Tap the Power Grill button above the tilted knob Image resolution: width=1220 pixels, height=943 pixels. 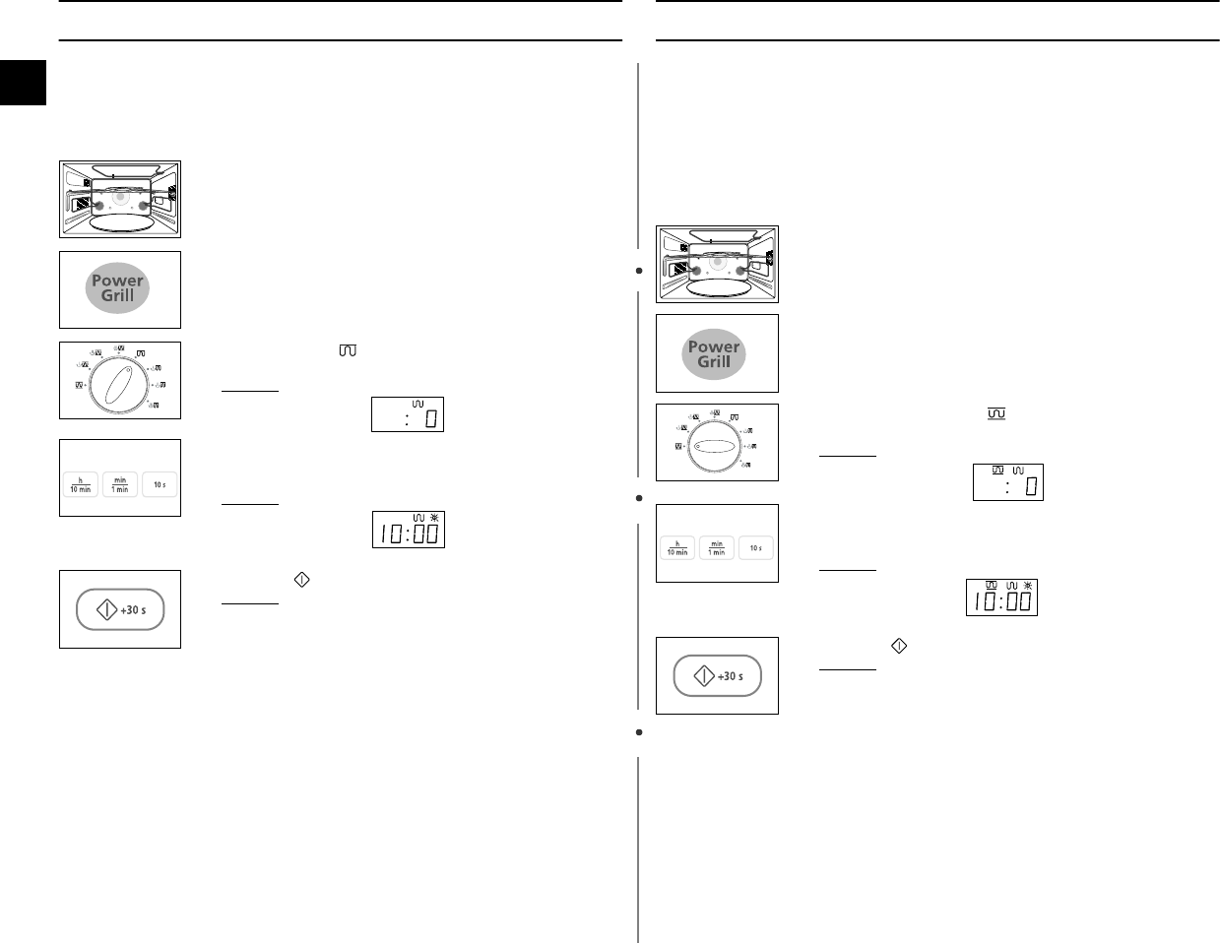point(118,288)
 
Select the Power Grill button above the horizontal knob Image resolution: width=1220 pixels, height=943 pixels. point(714,354)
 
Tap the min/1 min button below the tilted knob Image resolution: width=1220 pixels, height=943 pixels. point(120,484)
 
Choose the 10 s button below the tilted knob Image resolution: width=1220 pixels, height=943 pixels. point(160,484)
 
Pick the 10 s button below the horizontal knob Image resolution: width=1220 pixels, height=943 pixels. point(756,548)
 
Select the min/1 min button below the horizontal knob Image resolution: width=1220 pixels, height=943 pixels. point(717,548)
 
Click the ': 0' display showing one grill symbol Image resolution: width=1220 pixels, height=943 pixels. point(407,413)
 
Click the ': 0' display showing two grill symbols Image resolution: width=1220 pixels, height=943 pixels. point(1007,481)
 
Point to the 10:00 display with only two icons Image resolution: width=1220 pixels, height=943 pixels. point(408,530)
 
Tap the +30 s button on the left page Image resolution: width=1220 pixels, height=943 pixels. point(120,610)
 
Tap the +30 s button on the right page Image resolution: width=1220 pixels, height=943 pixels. point(717,676)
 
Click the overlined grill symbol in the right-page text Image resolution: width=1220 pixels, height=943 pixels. point(995,417)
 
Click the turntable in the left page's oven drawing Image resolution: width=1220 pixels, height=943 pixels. point(119,223)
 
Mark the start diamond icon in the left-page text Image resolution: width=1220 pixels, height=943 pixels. point(301,581)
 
